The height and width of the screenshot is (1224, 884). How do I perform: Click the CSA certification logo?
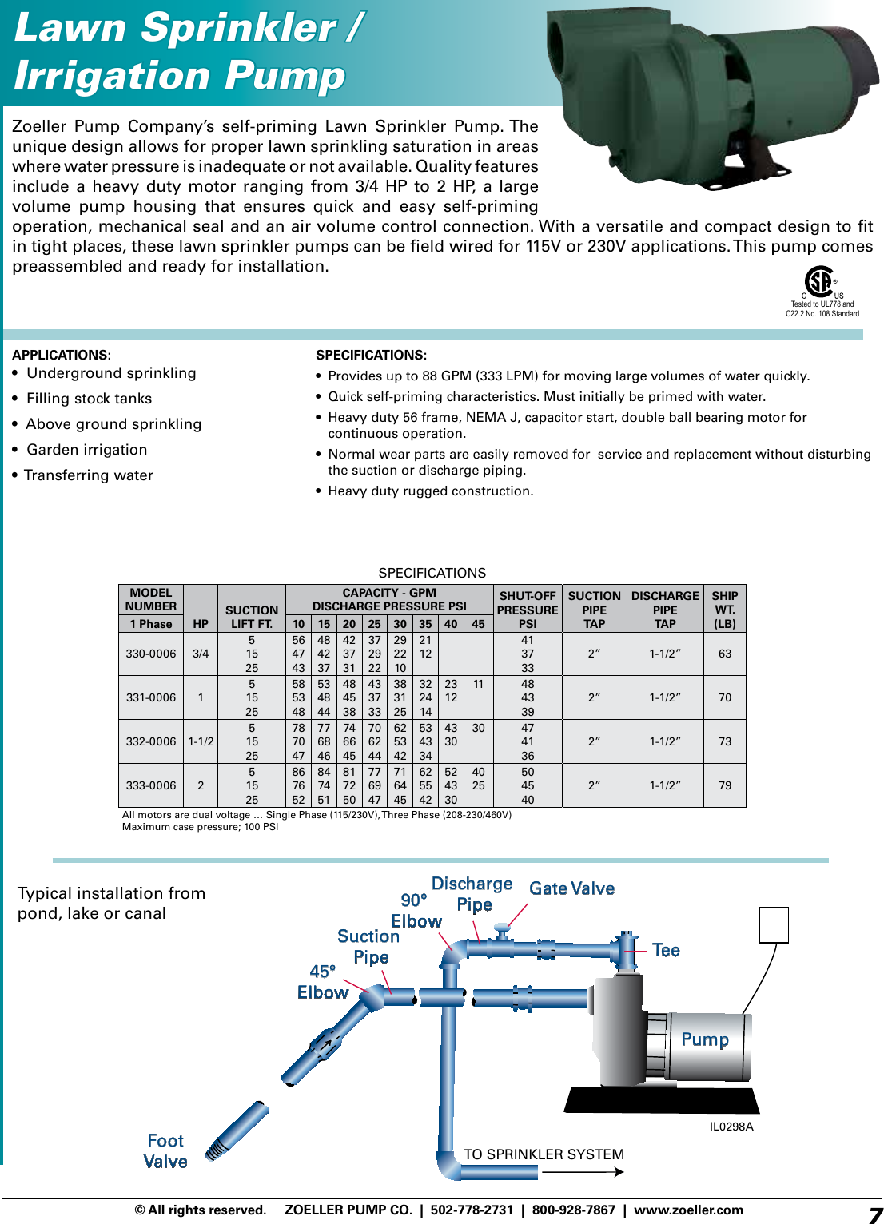[x=819, y=282]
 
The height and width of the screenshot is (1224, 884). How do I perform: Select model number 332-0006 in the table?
[x=151, y=741]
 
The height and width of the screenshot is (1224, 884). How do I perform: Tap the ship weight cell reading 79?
[x=725, y=785]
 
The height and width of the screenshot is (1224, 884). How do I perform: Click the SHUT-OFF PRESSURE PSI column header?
[x=528, y=610]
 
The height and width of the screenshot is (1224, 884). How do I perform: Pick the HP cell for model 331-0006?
[x=201, y=697]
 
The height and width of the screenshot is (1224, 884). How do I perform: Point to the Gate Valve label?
[x=571, y=888]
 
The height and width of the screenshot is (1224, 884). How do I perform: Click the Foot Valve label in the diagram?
[x=166, y=1151]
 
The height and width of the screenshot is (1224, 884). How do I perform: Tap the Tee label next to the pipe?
[x=666, y=950]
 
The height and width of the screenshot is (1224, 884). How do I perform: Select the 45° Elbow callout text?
[x=322, y=982]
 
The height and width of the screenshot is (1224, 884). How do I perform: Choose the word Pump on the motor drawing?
[x=704, y=1039]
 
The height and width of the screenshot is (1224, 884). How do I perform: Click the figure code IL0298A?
[x=731, y=1127]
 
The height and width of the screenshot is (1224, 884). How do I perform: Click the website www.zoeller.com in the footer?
[x=688, y=1210]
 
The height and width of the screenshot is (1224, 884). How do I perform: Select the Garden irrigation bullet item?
[x=86, y=450]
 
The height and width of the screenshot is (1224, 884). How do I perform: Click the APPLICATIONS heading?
[x=61, y=355]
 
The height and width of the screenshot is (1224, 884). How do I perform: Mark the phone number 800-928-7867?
[x=573, y=1210]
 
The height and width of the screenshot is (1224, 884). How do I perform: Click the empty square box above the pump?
[x=774, y=924]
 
